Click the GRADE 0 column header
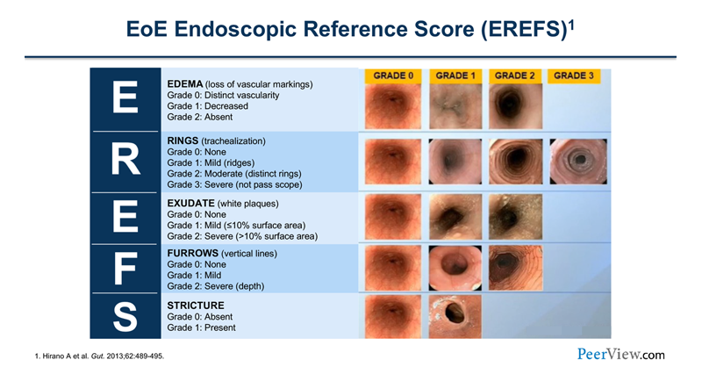393,76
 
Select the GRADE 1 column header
454,76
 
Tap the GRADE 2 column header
514,76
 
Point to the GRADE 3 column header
575,76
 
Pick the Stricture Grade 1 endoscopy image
454,313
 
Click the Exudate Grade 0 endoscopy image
393,213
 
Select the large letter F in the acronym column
125,267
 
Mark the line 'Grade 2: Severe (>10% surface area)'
242,236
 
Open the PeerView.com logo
620,354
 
